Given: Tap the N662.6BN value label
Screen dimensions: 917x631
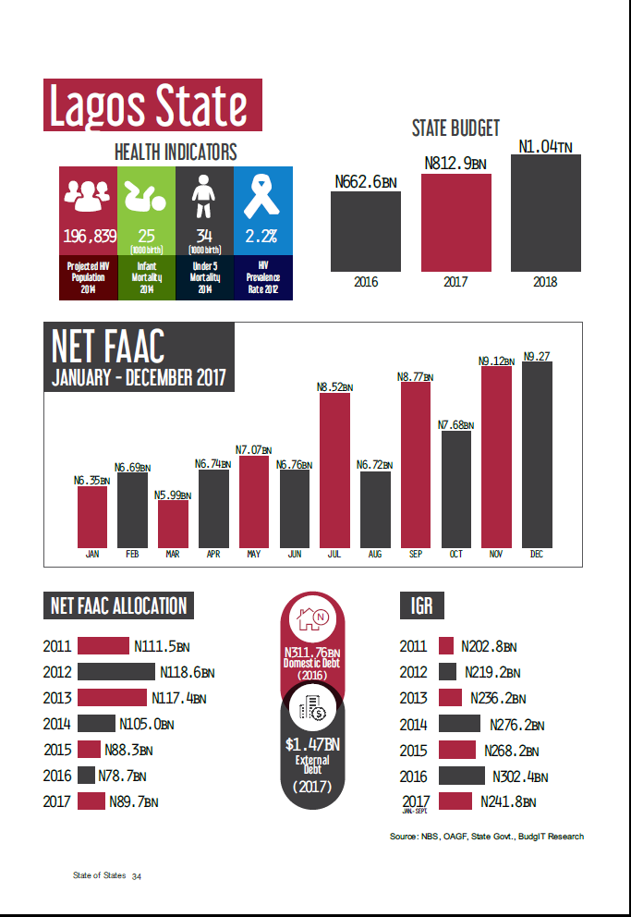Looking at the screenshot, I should [366, 182].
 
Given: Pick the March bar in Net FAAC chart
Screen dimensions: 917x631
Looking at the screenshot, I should [173, 523].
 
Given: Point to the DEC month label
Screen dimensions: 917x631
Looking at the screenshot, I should [537, 554].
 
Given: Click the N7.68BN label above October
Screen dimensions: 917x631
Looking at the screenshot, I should [456, 424].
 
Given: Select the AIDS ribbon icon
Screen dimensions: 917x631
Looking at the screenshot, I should [262, 197].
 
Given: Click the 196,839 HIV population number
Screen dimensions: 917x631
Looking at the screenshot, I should [90, 237].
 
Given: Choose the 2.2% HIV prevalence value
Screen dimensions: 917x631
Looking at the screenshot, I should [262, 237].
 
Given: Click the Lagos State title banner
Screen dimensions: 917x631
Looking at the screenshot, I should [153, 105].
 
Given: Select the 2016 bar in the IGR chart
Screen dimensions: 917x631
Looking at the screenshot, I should [462, 776].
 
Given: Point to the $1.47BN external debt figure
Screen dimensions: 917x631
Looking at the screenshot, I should [312, 744].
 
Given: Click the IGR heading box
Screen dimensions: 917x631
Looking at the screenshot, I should [421, 605].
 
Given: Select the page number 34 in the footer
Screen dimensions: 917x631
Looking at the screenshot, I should [136, 875].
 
